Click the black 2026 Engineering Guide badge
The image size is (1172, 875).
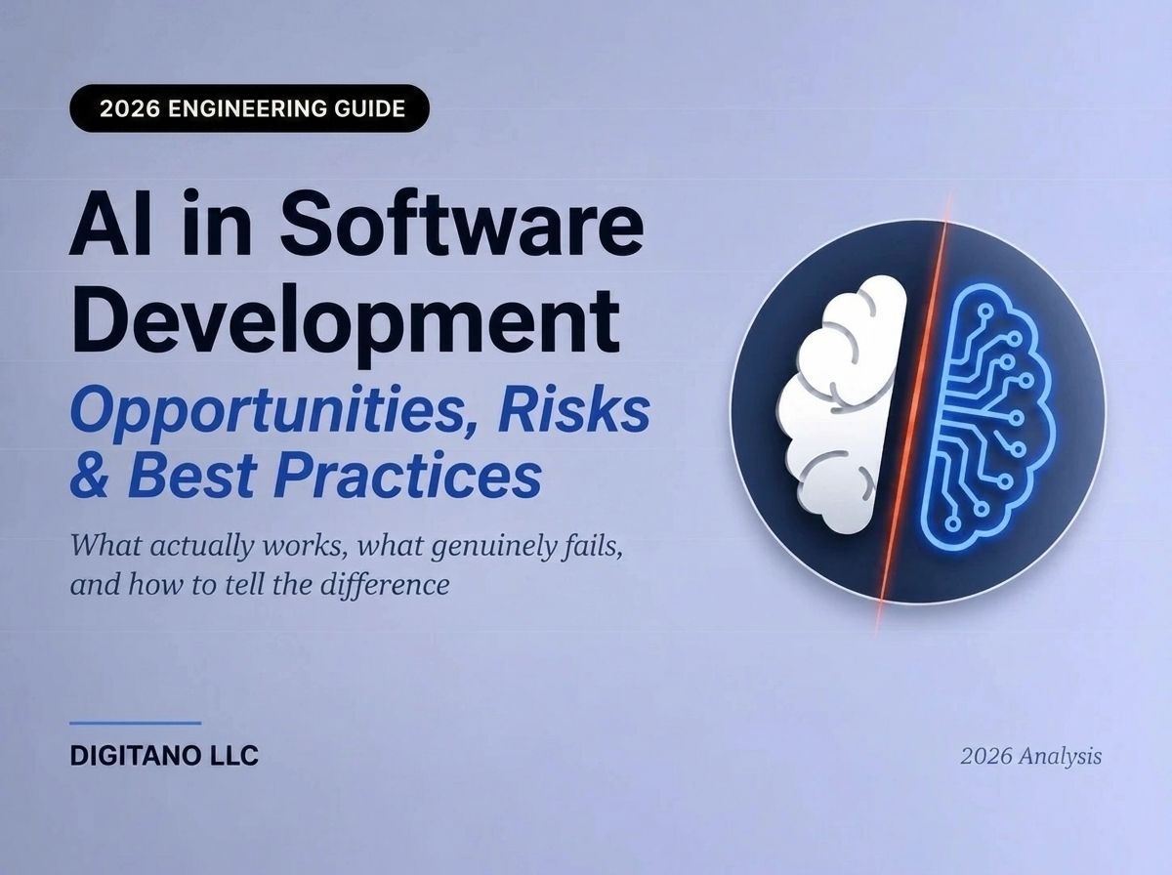click(249, 108)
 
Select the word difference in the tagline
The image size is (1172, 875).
click(385, 585)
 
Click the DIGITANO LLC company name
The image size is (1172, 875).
click(164, 756)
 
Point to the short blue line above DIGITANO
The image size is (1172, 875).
click(136, 723)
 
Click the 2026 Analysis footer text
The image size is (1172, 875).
click(1031, 756)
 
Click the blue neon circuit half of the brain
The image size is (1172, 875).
click(982, 416)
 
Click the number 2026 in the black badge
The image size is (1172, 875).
click(130, 109)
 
